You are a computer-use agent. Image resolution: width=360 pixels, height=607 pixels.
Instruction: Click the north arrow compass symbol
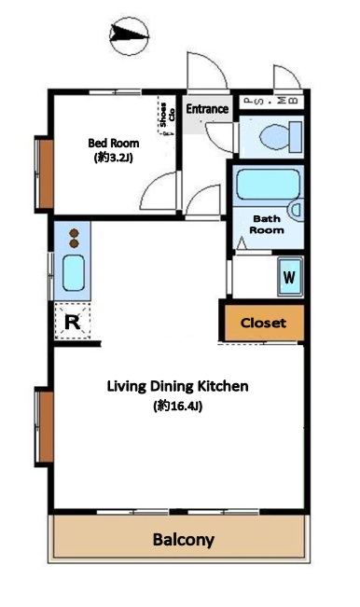[x=129, y=36]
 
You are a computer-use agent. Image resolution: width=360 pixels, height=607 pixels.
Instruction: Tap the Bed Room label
[x=114, y=144]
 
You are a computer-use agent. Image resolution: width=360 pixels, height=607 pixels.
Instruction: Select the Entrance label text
[x=207, y=109]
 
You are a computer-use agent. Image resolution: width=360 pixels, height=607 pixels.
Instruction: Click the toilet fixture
[x=281, y=137]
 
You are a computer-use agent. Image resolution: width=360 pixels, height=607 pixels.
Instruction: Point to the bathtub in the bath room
[x=269, y=185]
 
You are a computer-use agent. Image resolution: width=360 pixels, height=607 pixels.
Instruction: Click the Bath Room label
[x=267, y=225]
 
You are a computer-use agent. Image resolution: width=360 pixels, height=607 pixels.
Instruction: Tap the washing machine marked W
[x=290, y=277]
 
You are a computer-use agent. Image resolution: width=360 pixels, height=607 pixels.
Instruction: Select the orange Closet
[x=264, y=323]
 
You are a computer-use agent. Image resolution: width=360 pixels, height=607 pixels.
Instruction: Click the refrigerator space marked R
[x=73, y=322]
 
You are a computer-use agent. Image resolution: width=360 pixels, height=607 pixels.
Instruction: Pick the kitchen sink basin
[x=74, y=272]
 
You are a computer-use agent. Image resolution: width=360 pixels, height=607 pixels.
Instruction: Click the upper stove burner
[x=74, y=233]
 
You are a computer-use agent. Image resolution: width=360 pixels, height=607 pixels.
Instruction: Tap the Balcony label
[x=184, y=540]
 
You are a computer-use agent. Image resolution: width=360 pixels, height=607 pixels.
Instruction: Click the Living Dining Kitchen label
[x=178, y=386]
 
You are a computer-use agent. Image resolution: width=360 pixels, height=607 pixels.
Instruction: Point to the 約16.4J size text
[x=178, y=407]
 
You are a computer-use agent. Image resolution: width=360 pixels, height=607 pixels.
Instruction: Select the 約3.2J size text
[x=114, y=158]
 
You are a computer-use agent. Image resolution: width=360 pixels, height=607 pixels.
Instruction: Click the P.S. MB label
[x=271, y=101]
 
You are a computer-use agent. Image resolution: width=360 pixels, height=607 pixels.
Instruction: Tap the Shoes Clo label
[x=167, y=115]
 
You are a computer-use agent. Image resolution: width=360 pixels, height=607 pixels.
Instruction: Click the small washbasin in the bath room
[x=297, y=210]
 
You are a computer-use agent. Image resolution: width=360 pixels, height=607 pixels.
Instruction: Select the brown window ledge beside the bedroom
[x=47, y=173]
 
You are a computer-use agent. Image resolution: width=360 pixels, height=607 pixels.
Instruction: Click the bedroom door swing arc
[x=155, y=186]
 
